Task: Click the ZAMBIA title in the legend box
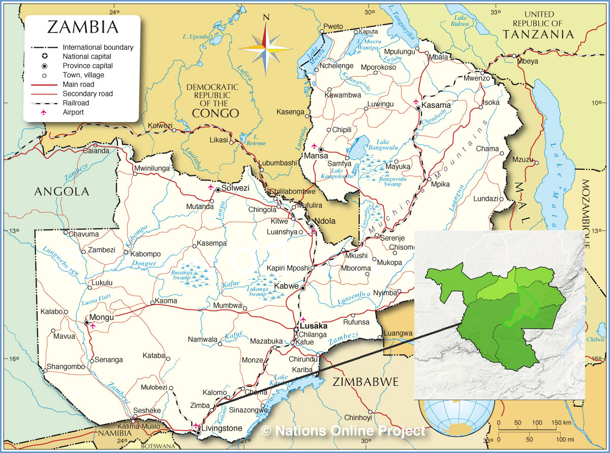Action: [83, 27]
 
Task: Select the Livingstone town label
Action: [222, 428]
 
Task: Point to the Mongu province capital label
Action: [103, 317]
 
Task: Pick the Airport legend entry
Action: [73, 112]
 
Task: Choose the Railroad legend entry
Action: [76, 103]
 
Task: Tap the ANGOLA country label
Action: [62, 192]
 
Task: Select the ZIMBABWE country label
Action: [365, 382]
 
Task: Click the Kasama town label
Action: [436, 105]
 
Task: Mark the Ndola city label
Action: [325, 221]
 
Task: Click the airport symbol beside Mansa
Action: [314, 145]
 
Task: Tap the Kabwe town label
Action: [287, 286]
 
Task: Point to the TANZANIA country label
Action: [538, 34]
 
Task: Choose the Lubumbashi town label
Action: [278, 163]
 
